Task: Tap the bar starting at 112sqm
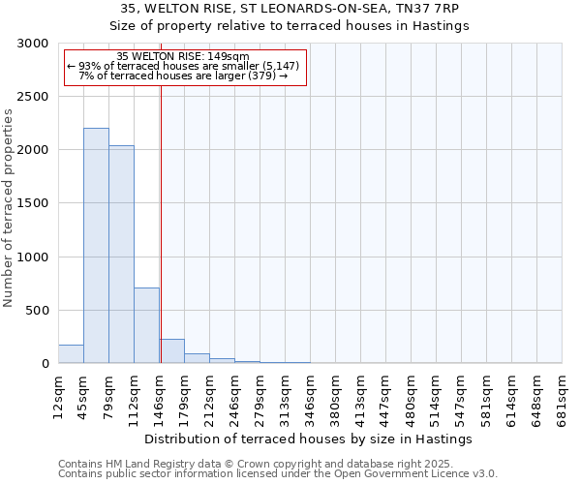[x=146, y=325]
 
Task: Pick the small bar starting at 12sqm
[x=71, y=354]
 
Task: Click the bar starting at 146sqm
[x=171, y=351]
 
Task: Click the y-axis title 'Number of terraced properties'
[x=9, y=208]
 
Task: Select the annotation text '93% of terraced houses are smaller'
[x=183, y=66]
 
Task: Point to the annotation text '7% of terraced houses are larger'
[x=183, y=76]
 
